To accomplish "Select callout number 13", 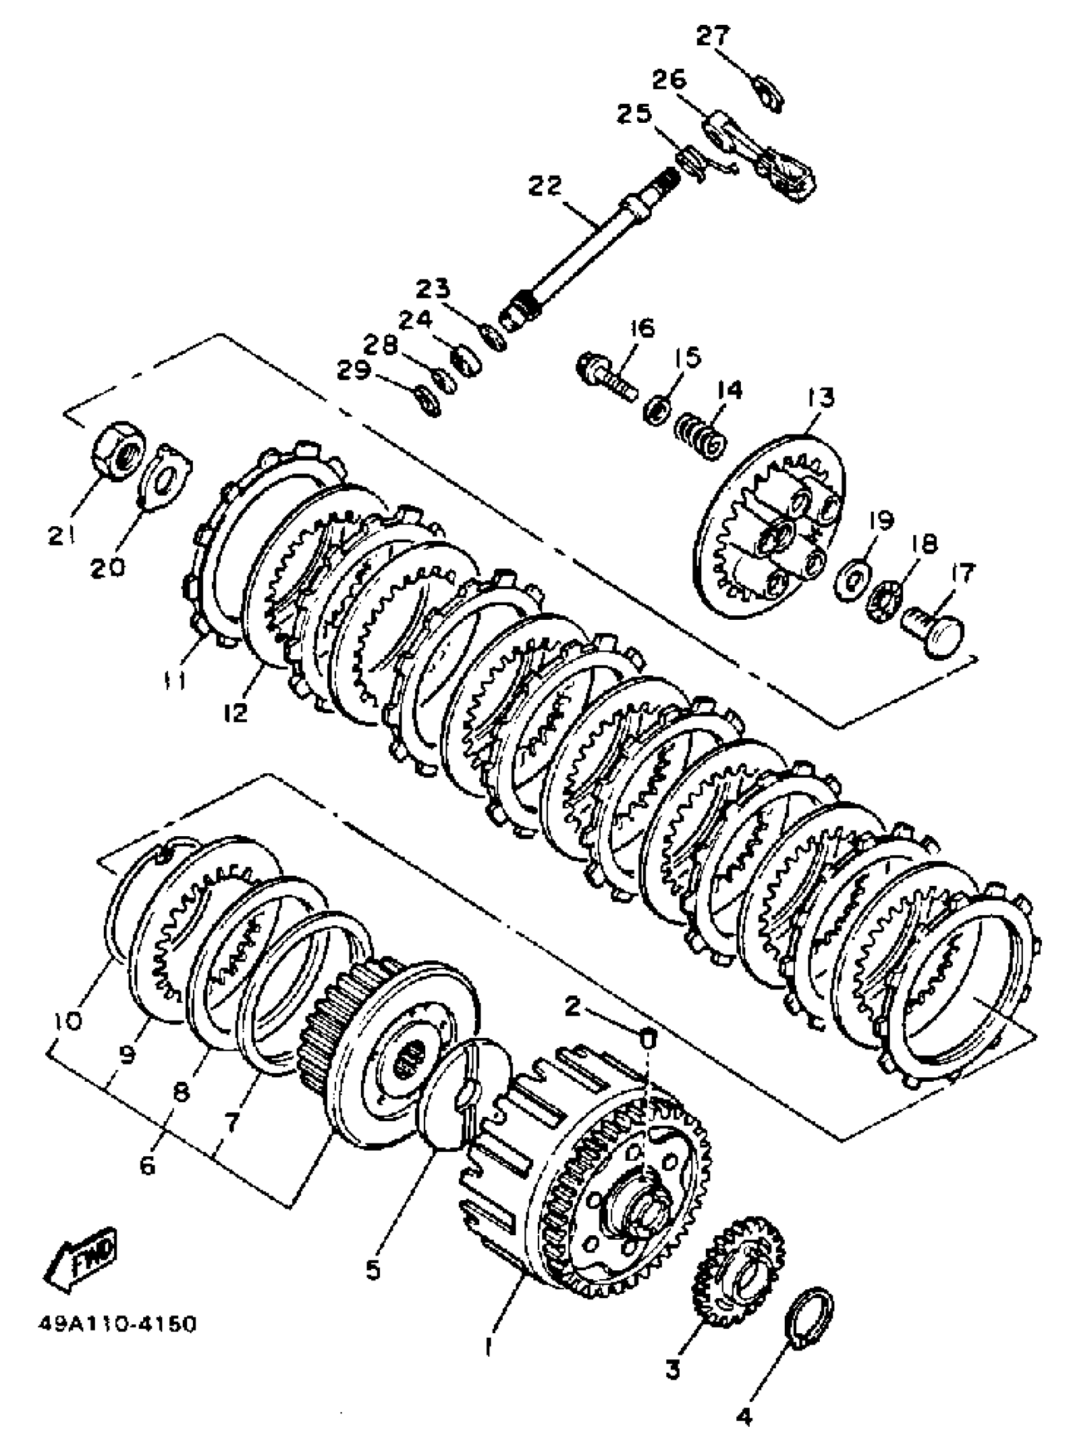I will click(x=820, y=397).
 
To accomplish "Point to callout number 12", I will click(x=235, y=711).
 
